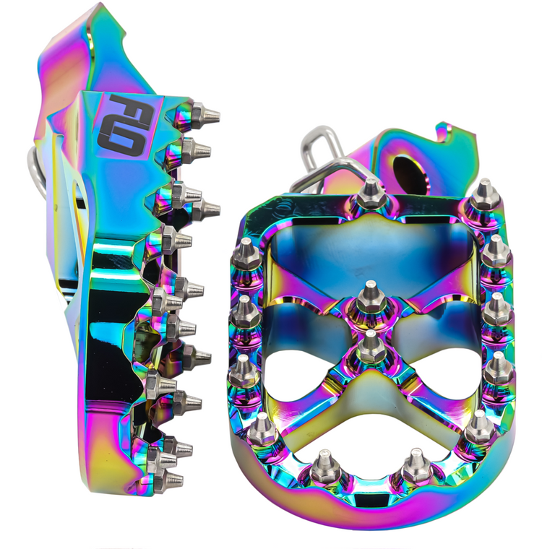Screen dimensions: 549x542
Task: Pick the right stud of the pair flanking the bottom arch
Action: coord(417,467)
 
